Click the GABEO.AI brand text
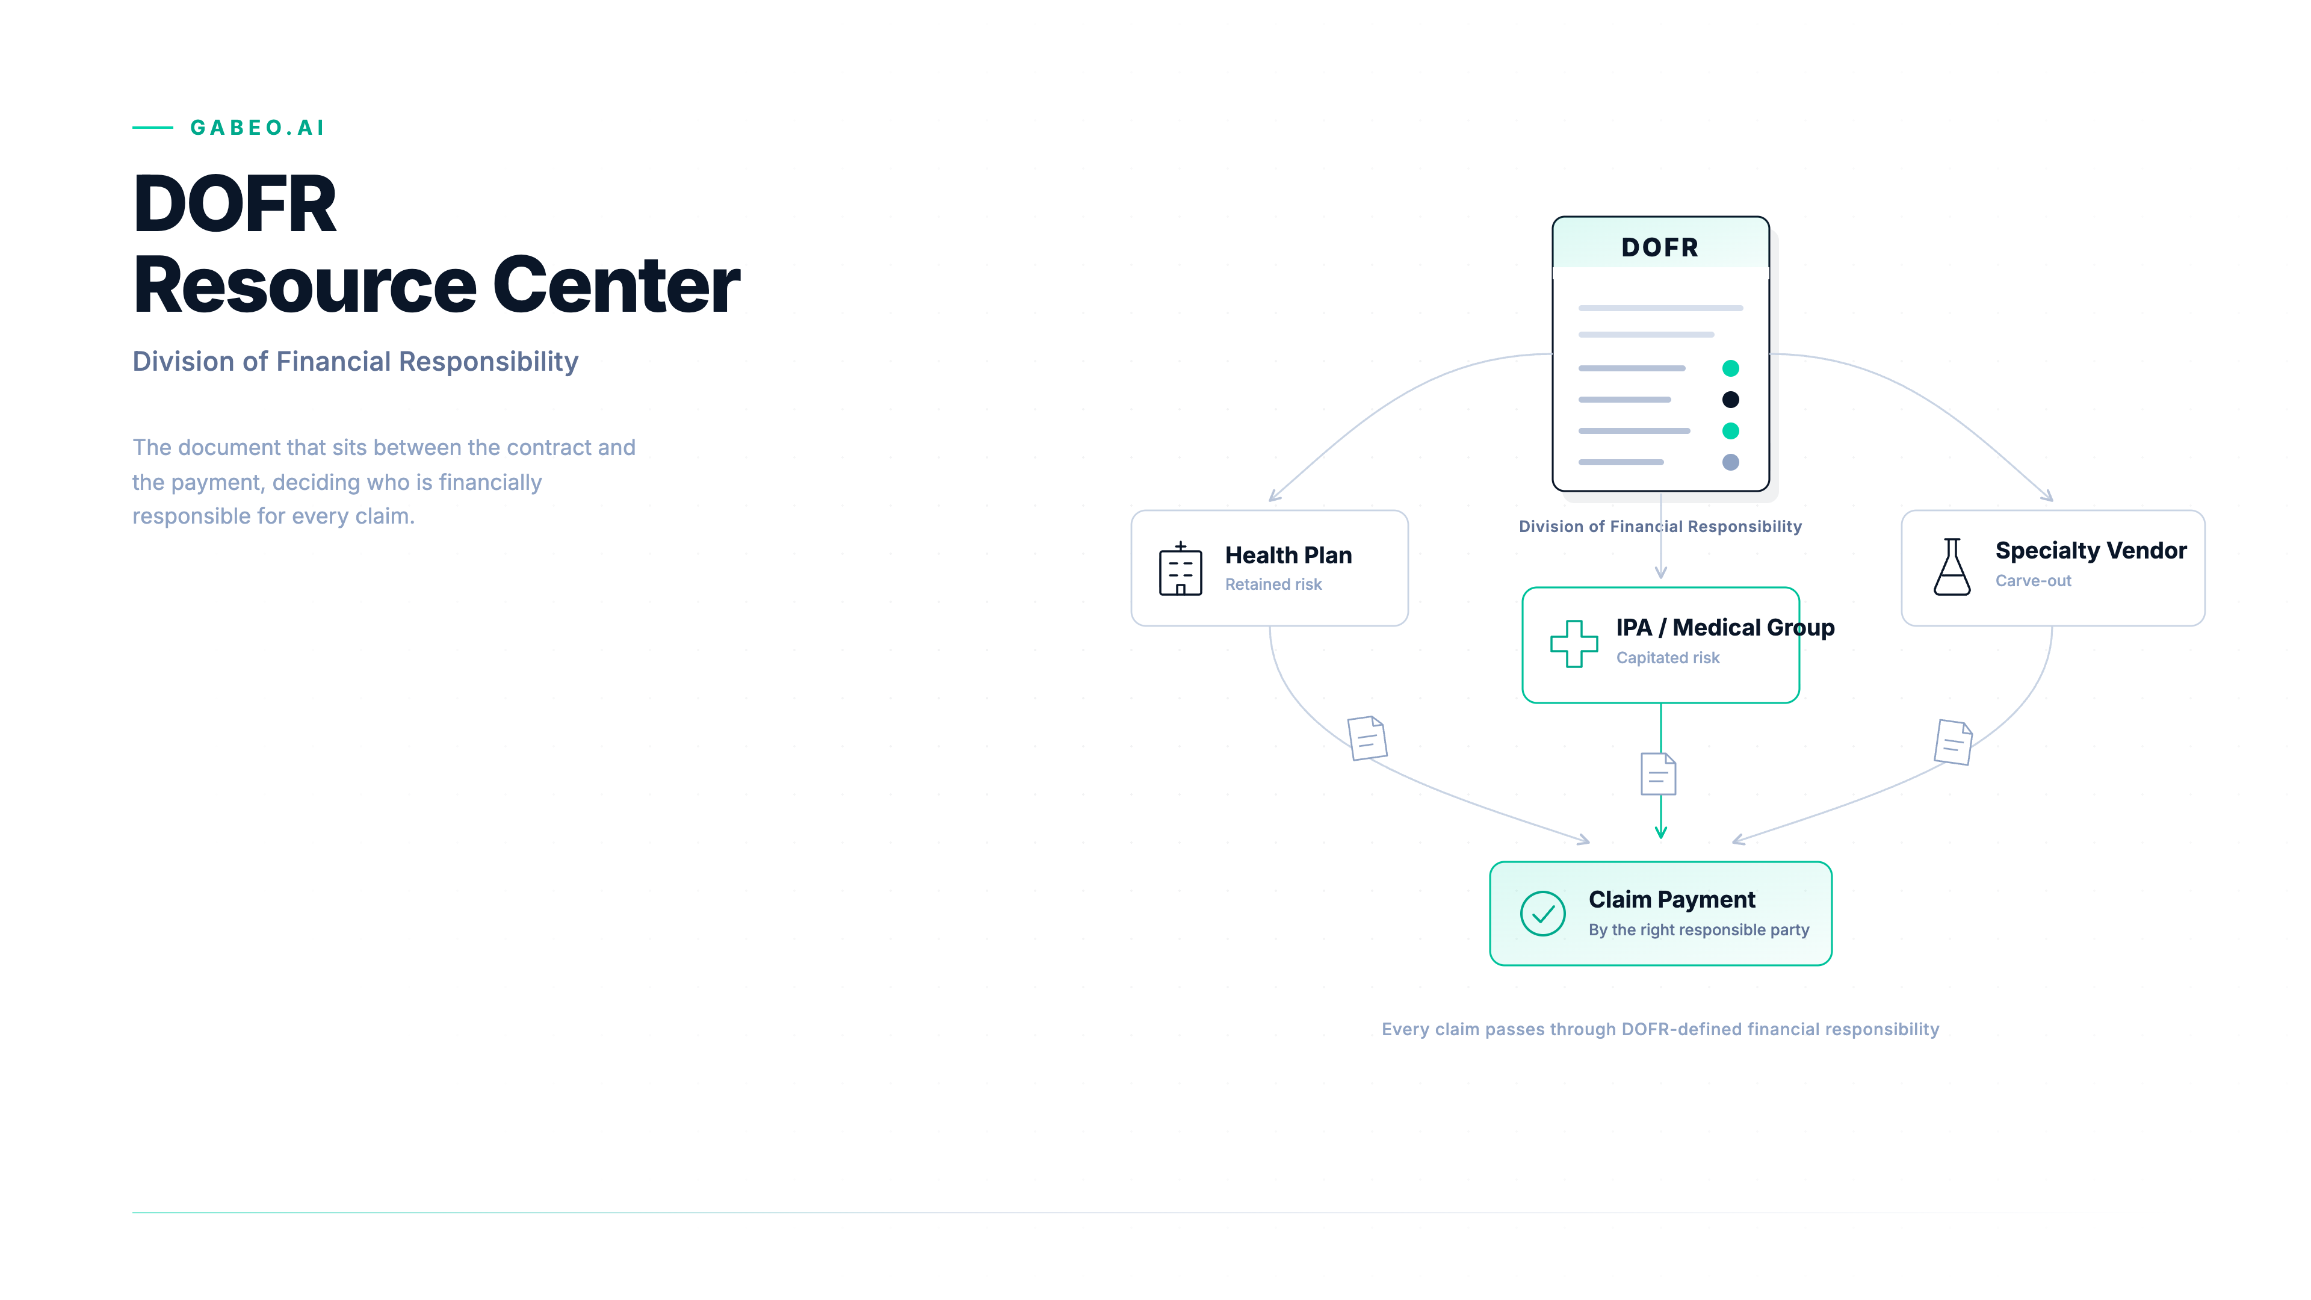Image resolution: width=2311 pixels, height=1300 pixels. (258, 128)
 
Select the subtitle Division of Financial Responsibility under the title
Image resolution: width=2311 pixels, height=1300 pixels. (355, 362)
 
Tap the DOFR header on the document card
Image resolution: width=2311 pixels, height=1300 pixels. (1660, 247)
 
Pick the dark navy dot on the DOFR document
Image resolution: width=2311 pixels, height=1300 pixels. (1731, 399)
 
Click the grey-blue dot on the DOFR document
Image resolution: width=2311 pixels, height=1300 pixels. (1731, 462)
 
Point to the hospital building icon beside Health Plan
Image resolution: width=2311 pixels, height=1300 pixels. (1181, 569)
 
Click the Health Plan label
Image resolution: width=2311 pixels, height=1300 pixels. (1289, 556)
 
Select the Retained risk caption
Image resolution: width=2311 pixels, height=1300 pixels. (1273, 584)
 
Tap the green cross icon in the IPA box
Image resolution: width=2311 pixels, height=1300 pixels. (1574, 643)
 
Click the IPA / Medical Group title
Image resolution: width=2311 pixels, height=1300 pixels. (1725, 628)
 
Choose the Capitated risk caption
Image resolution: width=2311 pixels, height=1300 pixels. (1668, 658)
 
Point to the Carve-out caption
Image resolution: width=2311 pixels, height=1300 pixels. (2033, 580)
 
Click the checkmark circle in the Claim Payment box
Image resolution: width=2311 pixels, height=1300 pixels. (1543, 914)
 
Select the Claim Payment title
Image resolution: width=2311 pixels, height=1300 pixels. (1671, 899)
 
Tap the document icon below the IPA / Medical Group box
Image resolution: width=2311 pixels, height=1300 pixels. (1658, 774)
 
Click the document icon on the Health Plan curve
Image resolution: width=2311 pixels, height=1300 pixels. (1367, 737)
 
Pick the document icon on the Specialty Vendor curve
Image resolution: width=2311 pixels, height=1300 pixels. (1953, 742)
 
